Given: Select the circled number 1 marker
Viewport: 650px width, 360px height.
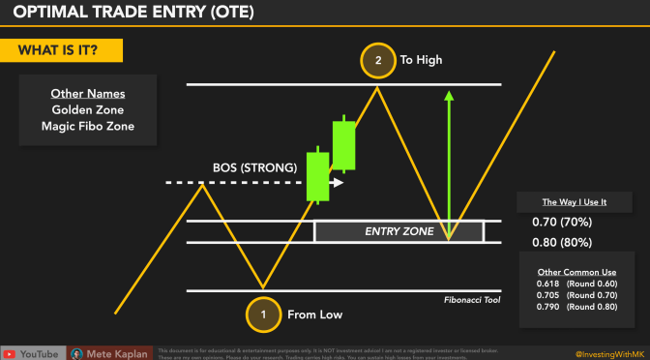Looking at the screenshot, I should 261,314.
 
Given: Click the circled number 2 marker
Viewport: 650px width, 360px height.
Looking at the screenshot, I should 376,60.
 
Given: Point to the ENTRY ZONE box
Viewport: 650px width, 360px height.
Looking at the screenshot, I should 399,232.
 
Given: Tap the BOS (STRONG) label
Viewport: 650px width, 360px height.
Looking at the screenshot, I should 254,167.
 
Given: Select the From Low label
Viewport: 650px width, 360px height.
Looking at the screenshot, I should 314,314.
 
